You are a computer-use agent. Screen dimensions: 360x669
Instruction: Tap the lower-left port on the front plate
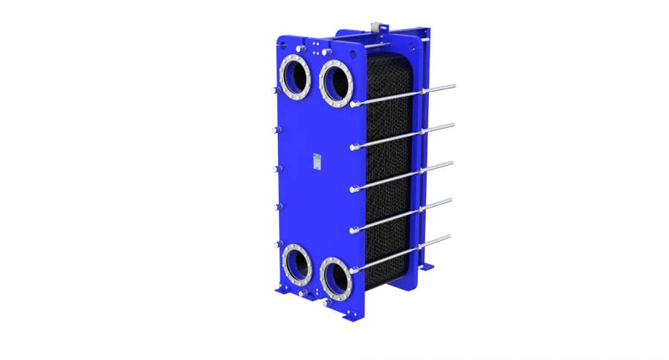point(297,265)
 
